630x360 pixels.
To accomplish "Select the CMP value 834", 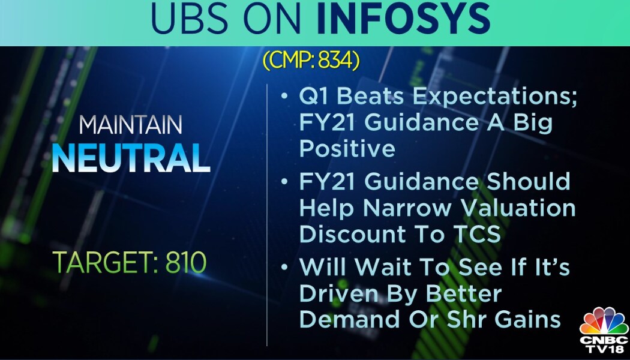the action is [x=336, y=61].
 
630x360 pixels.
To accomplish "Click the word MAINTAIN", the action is [x=131, y=125].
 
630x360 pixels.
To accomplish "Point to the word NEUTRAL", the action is [x=131, y=158].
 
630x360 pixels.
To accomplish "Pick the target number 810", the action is [x=185, y=263].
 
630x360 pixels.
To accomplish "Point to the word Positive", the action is [x=347, y=149].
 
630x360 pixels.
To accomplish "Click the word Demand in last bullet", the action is [x=349, y=319].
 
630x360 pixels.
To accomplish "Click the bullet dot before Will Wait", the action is [x=284, y=267].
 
